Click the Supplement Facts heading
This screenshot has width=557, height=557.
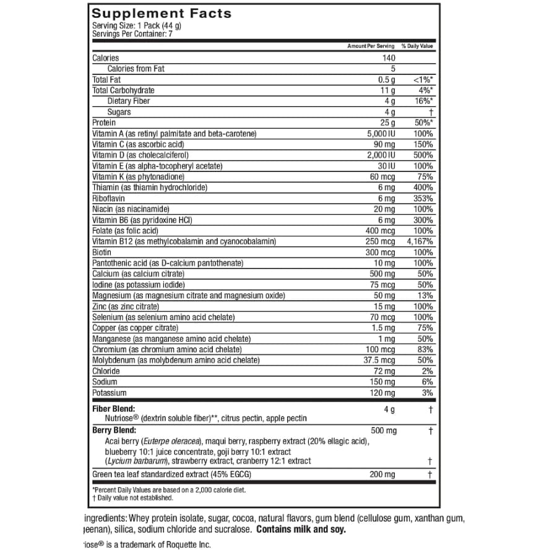pyautogui.click(x=162, y=13)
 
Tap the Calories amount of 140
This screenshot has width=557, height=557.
pyautogui.click(x=389, y=58)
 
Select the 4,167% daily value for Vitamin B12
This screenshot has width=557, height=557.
pyautogui.click(x=420, y=241)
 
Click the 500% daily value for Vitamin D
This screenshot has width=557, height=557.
pyautogui.click(x=423, y=155)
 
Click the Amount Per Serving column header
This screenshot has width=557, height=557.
pyautogui.click(x=371, y=46)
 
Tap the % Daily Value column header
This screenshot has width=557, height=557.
pyautogui.click(x=417, y=46)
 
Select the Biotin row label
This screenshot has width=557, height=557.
pyautogui.click(x=101, y=252)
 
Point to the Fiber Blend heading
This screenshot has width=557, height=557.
pyautogui.click(x=113, y=409)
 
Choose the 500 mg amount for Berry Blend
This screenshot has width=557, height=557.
pyautogui.click(x=384, y=431)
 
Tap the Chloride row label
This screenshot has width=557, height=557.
pyautogui.click(x=106, y=371)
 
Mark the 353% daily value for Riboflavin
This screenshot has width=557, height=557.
pyautogui.click(x=423, y=198)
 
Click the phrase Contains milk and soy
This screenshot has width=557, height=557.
pyautogui.click(x=301, y=530)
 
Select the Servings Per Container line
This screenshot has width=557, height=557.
pyautogui.click(x=132, y=33)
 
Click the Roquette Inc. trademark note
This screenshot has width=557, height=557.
pyautogui.click(x=147, y=545)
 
